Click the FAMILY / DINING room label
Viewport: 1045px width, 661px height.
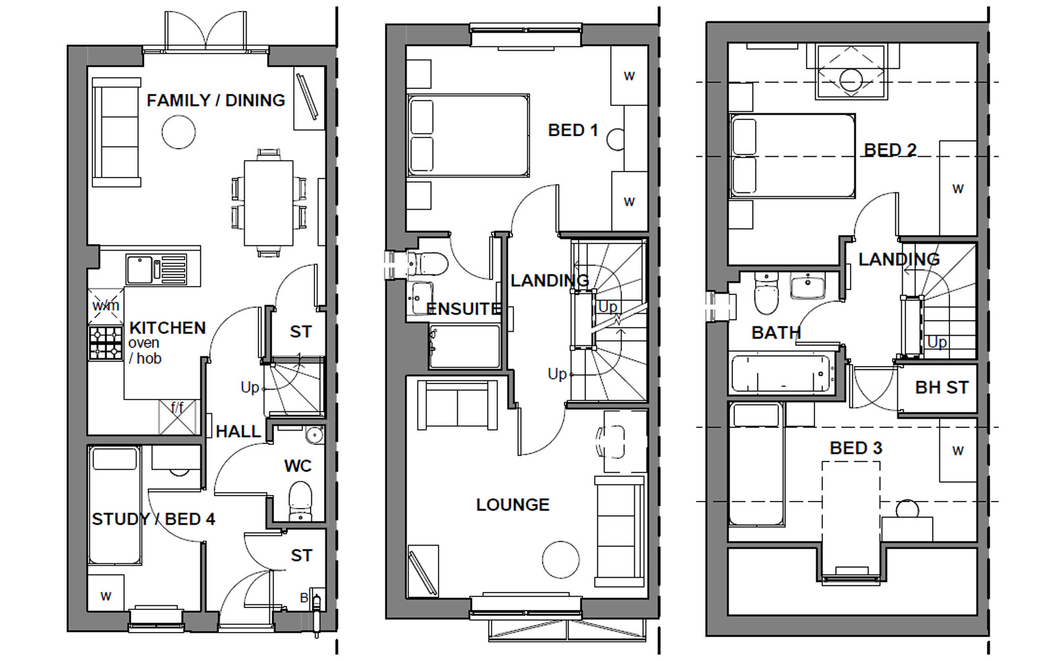pyautogui.click(x=216, y=101)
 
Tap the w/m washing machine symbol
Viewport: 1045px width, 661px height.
pyautogui.click(x=106, y=306)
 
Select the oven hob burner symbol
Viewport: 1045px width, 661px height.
pyautogui.click(x=106, y=343)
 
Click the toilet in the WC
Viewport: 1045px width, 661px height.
pyautogui.click(x=300, y=501)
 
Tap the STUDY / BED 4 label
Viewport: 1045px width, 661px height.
pyautogui.click(x=153, y=519)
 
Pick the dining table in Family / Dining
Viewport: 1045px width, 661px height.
pyautogui.click(x=269, y=203)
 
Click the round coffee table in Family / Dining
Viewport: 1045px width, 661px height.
pyautogui.click(x=178, y=132)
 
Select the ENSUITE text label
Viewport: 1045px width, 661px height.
pyautogui.click(x=464, y=309)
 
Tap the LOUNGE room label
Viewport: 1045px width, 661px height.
pyautogui.click(x=513, y=505)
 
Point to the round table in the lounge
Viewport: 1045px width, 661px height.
pyautogui.click(x=561, y=559)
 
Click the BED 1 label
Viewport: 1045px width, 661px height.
pyautogui.click(x=573, y=130)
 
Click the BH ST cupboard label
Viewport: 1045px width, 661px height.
pyautogui.click(x=942, y=388)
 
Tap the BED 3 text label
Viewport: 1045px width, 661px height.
pyautogui.click(x=856, y=448)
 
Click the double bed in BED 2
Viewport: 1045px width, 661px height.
pyautogui.click(x=792, y=156)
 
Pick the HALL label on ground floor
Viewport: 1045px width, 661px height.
pyautogui.click(x=238, y=431)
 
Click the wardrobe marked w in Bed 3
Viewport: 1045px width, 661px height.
pyautogui.click(x=957, y=451)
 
